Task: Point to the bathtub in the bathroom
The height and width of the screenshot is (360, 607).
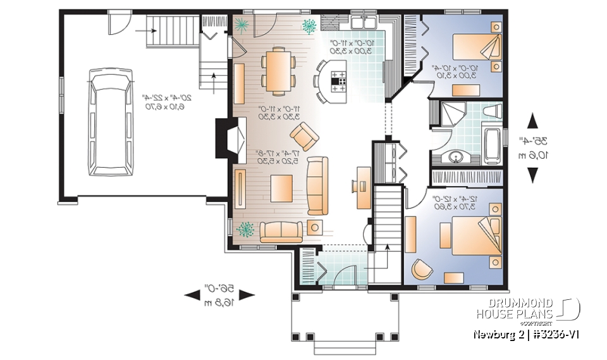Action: pos(492,143)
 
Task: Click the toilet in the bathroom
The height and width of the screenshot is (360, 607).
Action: pos(491,112)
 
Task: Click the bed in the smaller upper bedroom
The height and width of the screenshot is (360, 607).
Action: pos(474,48)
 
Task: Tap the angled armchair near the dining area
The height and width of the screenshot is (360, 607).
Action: pos(305,134)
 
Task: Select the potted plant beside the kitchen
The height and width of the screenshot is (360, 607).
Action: pos(309,26)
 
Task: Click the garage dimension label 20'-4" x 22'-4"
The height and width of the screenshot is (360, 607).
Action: pos(154,102)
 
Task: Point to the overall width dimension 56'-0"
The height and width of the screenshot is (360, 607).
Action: pos(219,294)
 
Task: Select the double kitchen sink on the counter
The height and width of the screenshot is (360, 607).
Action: pos(365,22)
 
